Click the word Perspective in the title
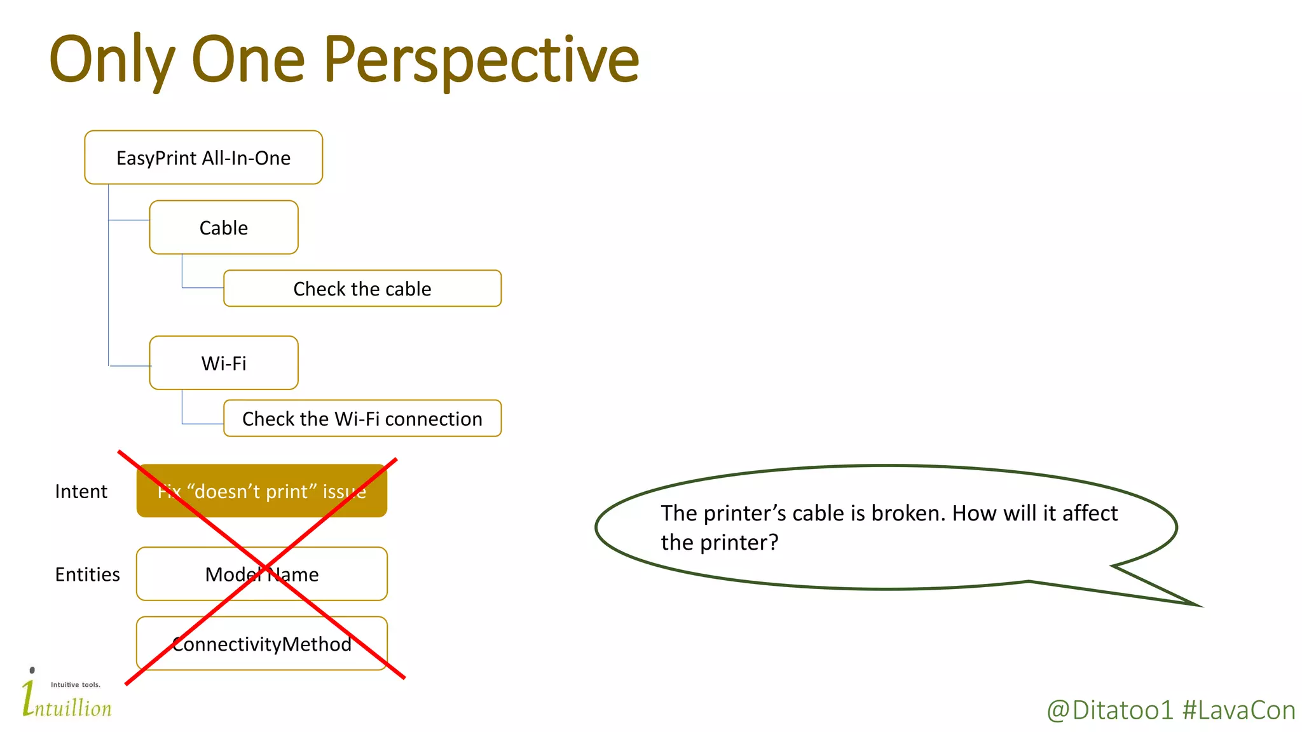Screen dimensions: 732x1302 point(481,60)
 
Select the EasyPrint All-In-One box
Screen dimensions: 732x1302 point(203,158)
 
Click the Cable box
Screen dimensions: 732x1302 point(224,227)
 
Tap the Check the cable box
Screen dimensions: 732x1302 point(362,288)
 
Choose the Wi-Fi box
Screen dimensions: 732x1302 point(224,363)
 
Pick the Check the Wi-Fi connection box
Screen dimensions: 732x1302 point(362,418)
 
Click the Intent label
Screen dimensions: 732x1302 point(81,491)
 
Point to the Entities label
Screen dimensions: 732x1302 point(87,574)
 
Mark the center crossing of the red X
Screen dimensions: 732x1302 point(263,566)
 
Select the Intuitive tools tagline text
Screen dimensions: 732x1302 point(76,684)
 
